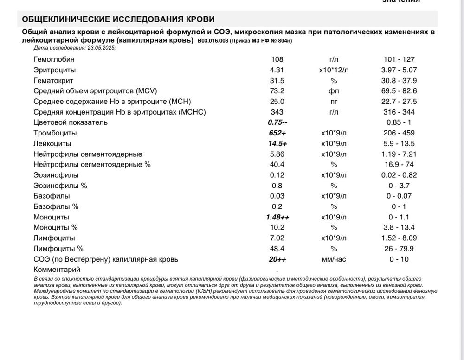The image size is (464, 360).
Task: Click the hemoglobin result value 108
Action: tap(277, 59)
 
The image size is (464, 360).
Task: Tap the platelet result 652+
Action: tap(277, 133)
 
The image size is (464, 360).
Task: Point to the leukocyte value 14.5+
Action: tap(277, 144)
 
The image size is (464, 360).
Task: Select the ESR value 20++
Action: tap(277, 259)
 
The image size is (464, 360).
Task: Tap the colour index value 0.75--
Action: tap(277, 122)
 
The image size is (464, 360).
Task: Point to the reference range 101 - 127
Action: tap(399, 59)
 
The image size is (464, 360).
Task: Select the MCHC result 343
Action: tap(277, 112)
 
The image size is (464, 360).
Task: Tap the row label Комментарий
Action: tap(57, 270)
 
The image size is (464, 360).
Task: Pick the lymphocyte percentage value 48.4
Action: tap(277, 249)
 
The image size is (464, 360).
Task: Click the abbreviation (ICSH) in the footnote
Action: tap(205, 291)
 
